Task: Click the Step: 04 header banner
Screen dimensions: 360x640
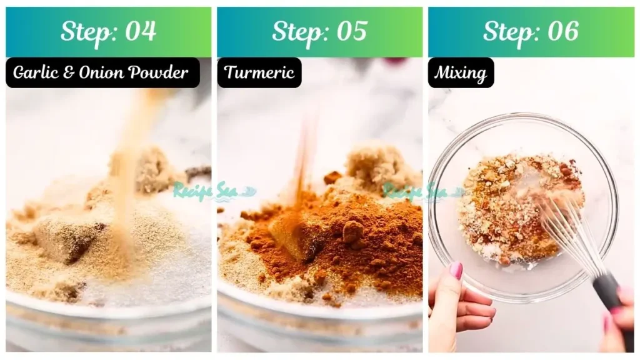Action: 109,32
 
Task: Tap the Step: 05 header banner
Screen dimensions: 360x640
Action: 319,32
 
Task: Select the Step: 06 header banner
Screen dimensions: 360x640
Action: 531,32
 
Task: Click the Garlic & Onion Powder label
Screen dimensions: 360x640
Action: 101,72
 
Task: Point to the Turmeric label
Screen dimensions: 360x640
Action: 259,72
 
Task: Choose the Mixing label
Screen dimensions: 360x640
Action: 461,72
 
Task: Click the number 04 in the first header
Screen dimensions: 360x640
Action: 141,32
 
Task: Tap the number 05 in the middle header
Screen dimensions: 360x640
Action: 351,32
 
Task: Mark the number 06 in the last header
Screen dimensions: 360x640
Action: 562,32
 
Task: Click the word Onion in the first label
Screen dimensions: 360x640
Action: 105,72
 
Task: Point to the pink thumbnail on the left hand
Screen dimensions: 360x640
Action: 456,270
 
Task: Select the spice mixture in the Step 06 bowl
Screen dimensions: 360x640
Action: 506,206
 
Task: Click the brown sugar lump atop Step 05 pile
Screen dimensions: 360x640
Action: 373,162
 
